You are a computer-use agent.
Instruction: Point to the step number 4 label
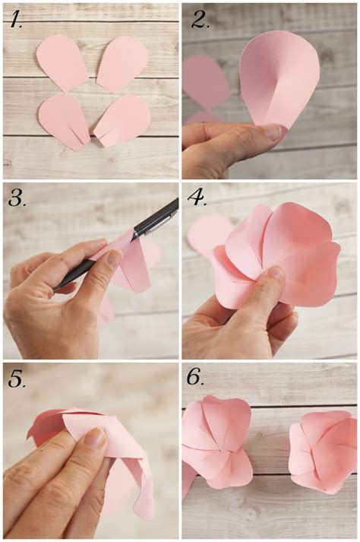(x=198, y=200)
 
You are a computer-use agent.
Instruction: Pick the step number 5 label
(x=17, y=379)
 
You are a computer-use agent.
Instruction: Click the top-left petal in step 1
(x=62, y=61)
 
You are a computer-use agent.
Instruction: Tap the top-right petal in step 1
(x=122, y=62)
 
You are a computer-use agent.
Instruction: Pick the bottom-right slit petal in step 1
(x=124, y=119)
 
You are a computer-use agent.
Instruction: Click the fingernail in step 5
(x=95, y=437)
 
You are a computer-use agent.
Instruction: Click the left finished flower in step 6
(x=216, y=440)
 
